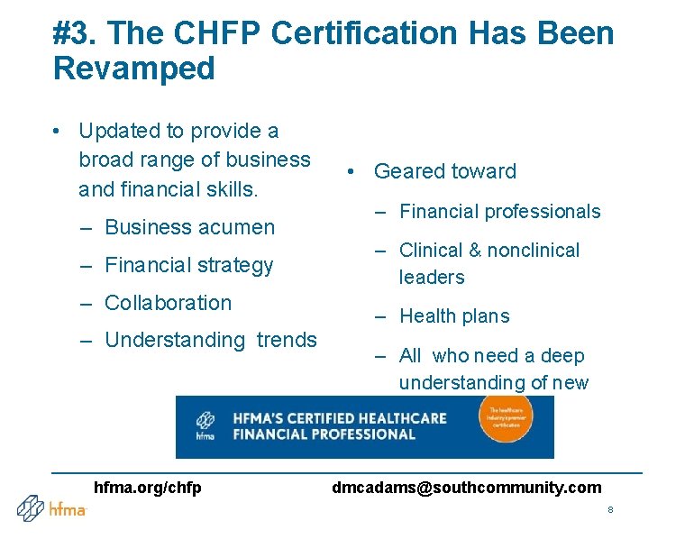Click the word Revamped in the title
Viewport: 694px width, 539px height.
[x=134, y=69]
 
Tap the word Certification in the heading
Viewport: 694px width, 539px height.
[x=364, y=34]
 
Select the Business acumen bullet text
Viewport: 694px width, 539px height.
[x=189, y=227]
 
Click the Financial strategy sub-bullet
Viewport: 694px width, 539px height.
[x=188, y=265]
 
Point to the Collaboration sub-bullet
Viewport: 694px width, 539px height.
[x=168, y=303]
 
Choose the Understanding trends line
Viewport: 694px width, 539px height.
[x=211, y=340]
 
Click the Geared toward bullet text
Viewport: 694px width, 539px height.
[x=445, y=171]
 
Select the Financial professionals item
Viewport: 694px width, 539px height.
[x=499, y=212]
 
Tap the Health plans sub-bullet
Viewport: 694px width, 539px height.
[x=454, y=316]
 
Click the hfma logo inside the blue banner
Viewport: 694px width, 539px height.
[x=205, y=426]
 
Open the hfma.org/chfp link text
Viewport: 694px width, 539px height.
[x=148, y=488]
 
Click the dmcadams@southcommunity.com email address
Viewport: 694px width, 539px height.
[x=466, y=488]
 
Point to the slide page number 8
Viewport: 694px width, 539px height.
[x=610, y=510]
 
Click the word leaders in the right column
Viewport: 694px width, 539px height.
[x=432, y=278]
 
